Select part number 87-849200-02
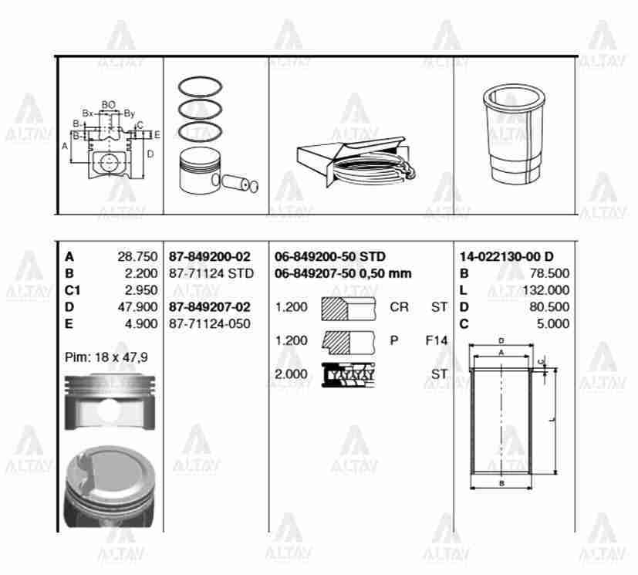point(209,256)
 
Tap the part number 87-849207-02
point(209,307)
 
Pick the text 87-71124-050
point(209,323)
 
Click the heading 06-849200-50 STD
point(330,256)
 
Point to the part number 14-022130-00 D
point(506,256)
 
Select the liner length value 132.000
point(547,290)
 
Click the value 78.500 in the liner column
point(550,273)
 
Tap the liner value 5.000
point(553,323)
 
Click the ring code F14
point(436,340)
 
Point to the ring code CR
point(399,307)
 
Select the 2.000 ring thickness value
point(291,374)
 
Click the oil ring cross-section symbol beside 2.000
point(348,374)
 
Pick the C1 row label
point(72,290)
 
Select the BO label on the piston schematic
point(109,104)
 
